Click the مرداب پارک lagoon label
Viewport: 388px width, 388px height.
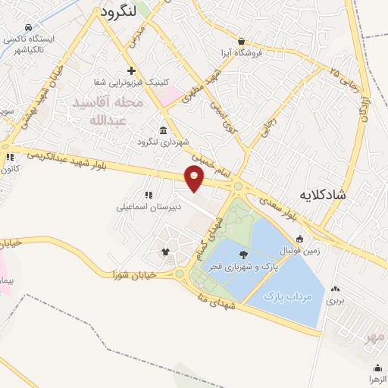(288, 296)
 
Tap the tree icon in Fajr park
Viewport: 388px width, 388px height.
(243, 255)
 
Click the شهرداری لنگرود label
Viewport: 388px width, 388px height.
(161, 142)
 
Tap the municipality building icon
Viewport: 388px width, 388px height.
(164, 130)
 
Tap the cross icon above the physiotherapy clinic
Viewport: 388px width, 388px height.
(131, 70)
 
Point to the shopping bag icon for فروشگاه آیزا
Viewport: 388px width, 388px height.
(241, 41)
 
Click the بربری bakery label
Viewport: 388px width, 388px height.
(335, 300)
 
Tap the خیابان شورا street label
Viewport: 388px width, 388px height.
(134, 274)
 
